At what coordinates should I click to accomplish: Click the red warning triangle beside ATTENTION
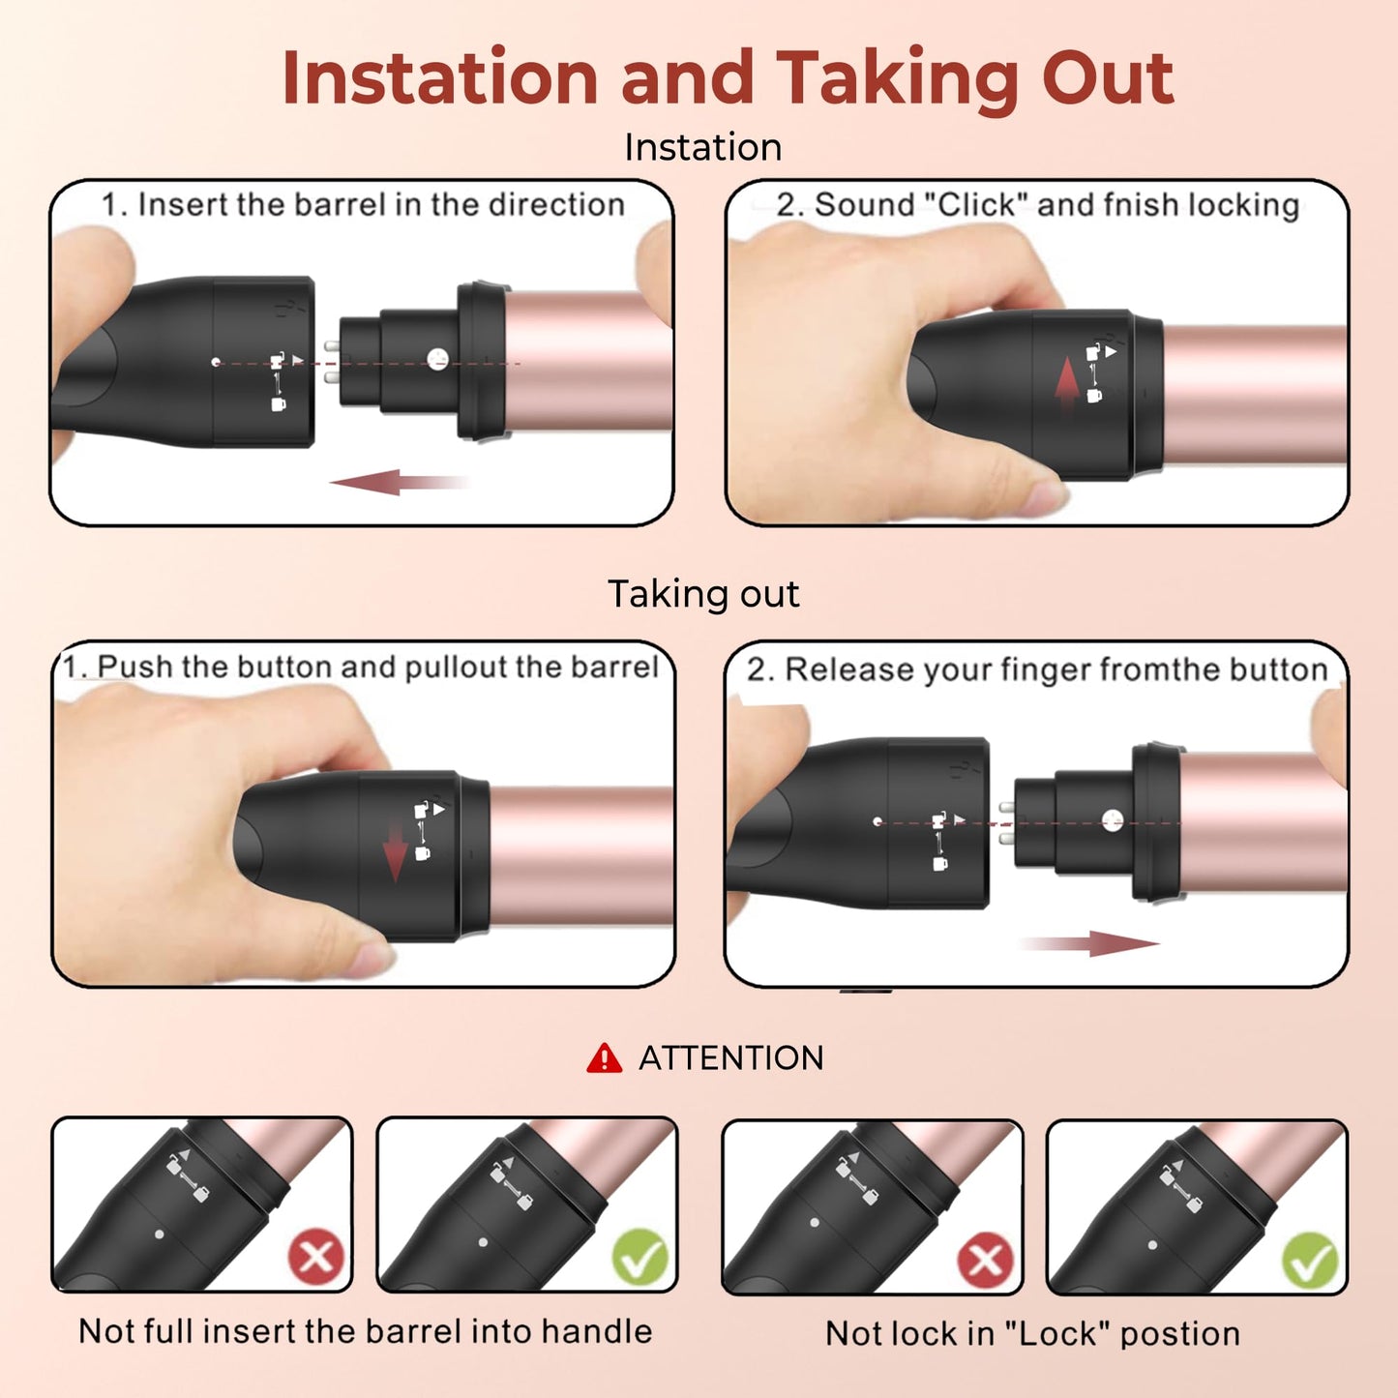(x=604, y=1059)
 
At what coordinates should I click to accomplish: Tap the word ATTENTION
(x=730, y=1058)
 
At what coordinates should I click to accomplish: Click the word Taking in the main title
(x=898, y=79)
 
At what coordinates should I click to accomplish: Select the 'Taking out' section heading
(x=703, y=593)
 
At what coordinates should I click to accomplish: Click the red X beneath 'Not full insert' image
(x=316, y=1256)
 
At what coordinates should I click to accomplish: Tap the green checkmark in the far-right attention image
(x=1310, y=1261)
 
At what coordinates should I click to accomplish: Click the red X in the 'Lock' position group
(x=985, y=1259)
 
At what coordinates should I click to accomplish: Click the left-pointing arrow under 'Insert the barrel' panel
(x=400, y=482)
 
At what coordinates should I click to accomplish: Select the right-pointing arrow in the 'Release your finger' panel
(x=1090, y=943)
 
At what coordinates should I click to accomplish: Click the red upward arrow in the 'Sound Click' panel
(x=1067, y=387)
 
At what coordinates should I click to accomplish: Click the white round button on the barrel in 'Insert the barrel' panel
(x=437, y=358)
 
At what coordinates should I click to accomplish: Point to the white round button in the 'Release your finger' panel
(x=1113, y=820)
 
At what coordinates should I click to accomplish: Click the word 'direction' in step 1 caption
(x=556, y=204)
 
